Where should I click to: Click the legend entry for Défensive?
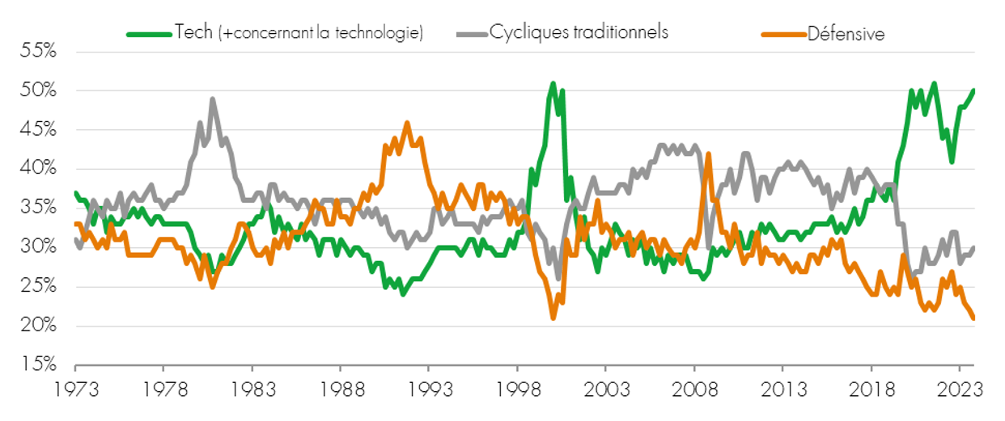coord(845,33)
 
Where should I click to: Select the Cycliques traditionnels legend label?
coord(579,33)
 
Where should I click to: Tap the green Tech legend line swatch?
coord(150,34)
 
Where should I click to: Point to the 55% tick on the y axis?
coord(37,51)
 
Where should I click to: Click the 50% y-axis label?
coord(37,91)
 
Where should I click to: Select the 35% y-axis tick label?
coord(37,208)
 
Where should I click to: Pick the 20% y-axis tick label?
coord(37,326)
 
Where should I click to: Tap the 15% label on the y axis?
coord(37,365)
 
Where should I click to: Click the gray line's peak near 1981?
coord(212,99)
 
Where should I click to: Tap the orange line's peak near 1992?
coord(407,123)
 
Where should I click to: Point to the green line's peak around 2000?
coord(553,83)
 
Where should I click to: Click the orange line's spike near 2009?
coord(708,154)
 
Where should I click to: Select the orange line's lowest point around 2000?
coord(553,318)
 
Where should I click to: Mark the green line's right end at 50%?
coord(973,91)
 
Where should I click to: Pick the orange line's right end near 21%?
coord(973,318)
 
